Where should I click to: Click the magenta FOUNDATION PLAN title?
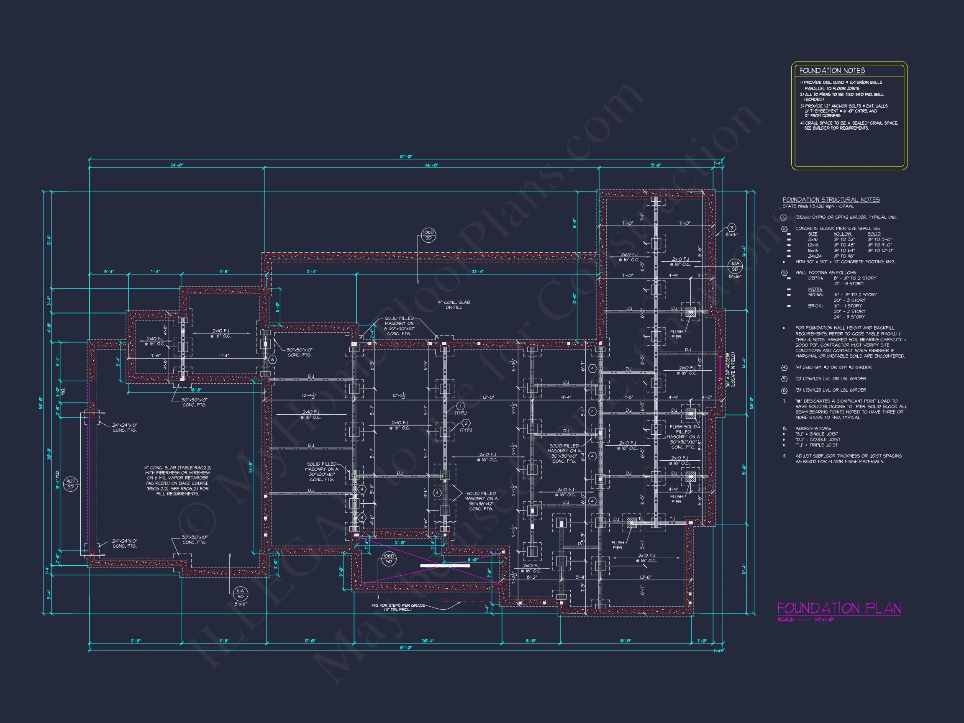[839, 608]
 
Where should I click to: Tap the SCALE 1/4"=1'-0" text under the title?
[806, 620]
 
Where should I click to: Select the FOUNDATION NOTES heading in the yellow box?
[831, 71]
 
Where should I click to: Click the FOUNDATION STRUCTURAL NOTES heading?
[831, 200]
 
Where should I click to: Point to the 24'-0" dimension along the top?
[177, 165]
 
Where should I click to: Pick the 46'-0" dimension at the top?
[431, 165]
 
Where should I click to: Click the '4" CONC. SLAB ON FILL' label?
[454, 305]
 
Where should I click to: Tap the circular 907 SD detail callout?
[71, 484]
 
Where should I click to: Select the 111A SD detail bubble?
[240, 593]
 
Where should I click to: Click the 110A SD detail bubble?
[735, 266]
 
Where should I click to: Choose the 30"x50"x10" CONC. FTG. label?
[300, 352]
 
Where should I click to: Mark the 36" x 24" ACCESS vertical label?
[731, 370]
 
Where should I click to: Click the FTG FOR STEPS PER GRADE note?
[397, 607]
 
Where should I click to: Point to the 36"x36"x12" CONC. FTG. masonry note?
[481, 501]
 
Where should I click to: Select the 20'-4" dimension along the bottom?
[428, 641]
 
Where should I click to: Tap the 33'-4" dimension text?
[478, 272]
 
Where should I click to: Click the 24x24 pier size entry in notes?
[815, 256]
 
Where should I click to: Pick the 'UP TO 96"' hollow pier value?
[844, 256]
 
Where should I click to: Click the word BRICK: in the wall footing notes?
[815, 306]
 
